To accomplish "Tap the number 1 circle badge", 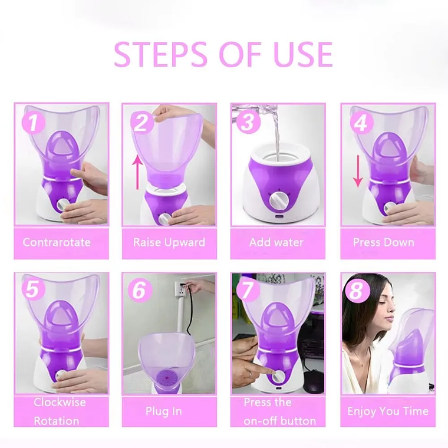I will [34, 123].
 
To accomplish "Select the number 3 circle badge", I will [248, 122].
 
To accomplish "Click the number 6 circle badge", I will [139, 290].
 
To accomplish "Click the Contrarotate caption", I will [57, 242].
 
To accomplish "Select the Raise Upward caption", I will [169, 242].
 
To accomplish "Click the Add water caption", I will [276, 242].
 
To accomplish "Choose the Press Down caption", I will [383, 242].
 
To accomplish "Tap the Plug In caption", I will [164, 411].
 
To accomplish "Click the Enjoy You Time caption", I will [388, 411].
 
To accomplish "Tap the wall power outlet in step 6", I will [179, 288].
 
